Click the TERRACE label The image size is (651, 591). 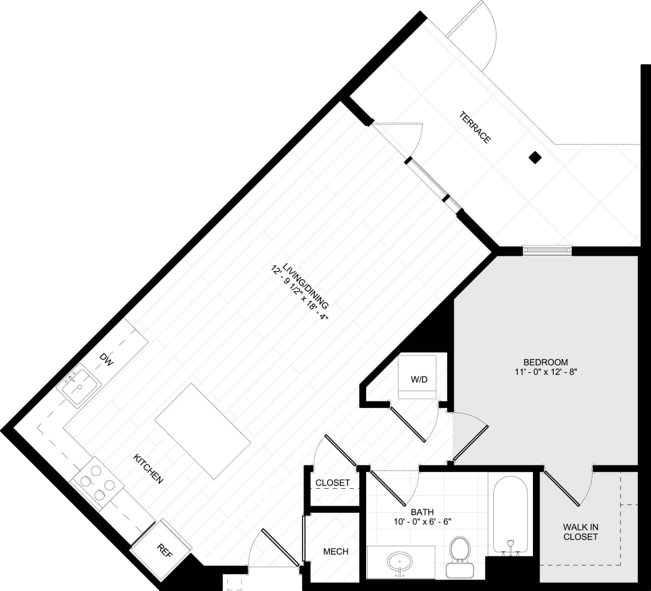(475, 128)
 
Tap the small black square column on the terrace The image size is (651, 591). (535, 158)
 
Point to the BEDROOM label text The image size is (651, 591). (545, 362)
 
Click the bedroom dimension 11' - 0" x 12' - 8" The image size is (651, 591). (545, 372)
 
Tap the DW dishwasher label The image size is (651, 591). (106, 360)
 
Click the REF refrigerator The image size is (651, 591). (162, 550)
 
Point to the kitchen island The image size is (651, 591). (202, 431)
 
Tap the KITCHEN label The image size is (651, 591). (148, 468)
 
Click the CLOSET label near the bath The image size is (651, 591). (333, 483)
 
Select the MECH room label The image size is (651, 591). (336, 551)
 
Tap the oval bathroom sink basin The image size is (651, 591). (401, 562)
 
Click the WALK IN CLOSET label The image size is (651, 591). (580, 532)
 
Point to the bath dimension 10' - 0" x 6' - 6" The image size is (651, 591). (422, 521)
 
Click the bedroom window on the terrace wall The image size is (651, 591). (547, 250)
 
